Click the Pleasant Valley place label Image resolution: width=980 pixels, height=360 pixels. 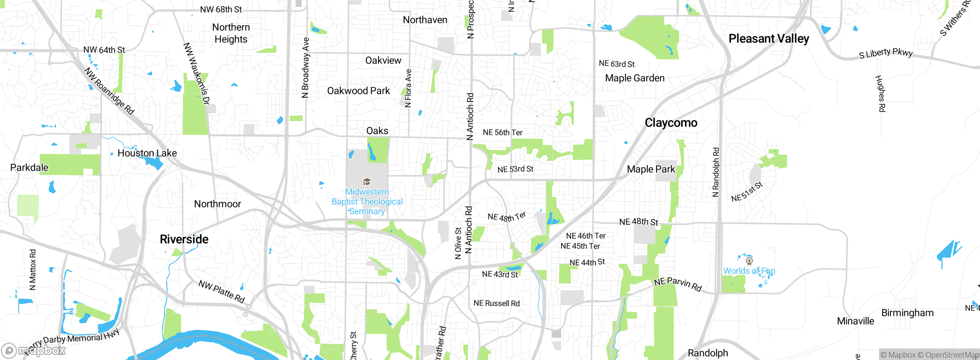769,39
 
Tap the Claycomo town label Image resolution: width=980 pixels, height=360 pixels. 671,123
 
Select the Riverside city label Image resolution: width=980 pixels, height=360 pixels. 184,239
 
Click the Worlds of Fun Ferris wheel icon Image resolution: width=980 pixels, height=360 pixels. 749,261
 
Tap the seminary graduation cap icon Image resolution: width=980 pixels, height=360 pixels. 367,182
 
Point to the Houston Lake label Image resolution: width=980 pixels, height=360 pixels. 147,153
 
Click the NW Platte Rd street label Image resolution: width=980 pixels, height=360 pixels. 221,291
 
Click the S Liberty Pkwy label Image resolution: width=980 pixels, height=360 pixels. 885,53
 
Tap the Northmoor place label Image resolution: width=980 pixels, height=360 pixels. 217,204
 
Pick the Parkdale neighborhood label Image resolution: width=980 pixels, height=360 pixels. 29,168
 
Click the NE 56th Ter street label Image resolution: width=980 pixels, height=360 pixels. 502,133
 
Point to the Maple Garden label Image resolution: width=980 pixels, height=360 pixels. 634,78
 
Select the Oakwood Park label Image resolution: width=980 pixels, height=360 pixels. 358,91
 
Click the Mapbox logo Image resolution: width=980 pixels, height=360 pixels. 34,350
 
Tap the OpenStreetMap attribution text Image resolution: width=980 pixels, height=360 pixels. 952,355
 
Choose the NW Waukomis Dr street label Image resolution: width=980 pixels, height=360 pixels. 196,73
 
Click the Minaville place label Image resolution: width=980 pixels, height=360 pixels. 855,321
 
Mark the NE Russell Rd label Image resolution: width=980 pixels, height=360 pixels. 496,303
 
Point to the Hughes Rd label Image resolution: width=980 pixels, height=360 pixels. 880,93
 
